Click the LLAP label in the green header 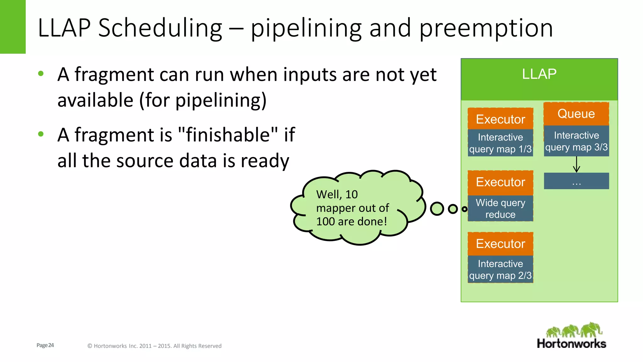tap(539, 74)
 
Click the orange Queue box tap(576, 114)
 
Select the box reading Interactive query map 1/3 tap(500, 143)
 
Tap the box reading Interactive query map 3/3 tap(576, 141)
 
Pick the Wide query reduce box tap(500, 208)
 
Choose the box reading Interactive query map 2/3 tap(500, 269)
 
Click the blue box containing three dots tap(576, 181)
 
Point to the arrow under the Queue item tap(576, 165)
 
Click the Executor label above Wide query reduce tap(500, 182)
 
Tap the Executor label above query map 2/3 tap(500, 244)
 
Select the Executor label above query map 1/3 tap(500, 119)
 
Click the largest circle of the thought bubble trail tap(437, 209)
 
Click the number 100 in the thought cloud tap(325, 222)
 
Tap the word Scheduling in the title tap(160, 28)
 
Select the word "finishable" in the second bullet tap(228, 135)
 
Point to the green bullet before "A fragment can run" tap(41, 74)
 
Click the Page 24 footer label tap(45, 345)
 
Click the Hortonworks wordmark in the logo tap(571, 343)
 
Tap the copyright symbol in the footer tap(89, 346)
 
